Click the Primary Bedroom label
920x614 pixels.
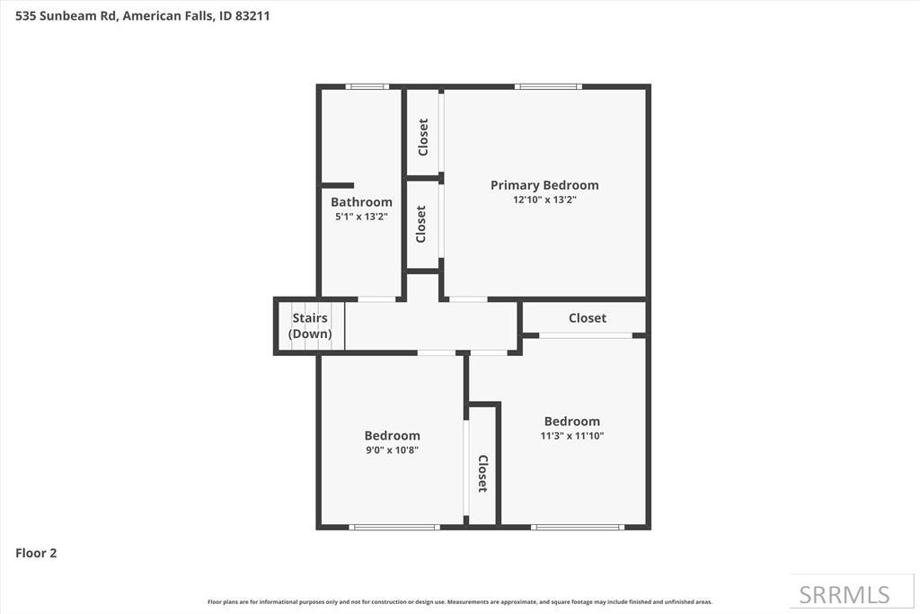click(x=544, y=185)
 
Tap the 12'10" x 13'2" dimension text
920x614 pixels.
click(x=544, y=200)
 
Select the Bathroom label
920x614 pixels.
click(x=361, y=202)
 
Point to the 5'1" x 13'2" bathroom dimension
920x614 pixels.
click(x=361, y=217)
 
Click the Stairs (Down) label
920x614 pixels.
click(x=310, y=325)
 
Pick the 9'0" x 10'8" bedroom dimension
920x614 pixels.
click(x=392, y=450)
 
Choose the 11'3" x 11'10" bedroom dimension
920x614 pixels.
click(x=572, y=436)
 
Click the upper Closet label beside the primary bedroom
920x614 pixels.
click(x=423, y=137)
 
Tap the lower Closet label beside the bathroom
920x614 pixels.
click(x=420, y=224)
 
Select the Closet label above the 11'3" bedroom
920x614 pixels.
click(x=588, y=318)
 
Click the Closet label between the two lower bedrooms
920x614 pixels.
click(x=482, y=473)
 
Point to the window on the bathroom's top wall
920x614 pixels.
click(x=367, y=86)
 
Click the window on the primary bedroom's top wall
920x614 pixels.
click(x=548, y=86)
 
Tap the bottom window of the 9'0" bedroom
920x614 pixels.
click(x=394, y=527)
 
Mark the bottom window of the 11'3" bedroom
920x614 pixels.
click(x=578, y=527)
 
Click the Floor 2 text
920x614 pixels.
click(x=36, y=554)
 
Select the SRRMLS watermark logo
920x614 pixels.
click(x=845, y=594)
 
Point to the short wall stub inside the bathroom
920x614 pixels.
click(x=338, y=185)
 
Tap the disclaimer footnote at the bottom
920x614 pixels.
click(x=460, y=601)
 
